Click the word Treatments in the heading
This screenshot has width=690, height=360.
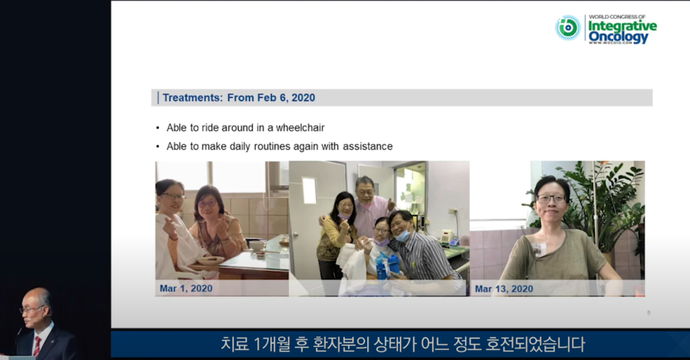point(192,98)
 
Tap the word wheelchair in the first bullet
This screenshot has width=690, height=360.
point(300,128)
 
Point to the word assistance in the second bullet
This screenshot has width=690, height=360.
point(367,146)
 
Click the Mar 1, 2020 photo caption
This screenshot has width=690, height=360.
point(186,289)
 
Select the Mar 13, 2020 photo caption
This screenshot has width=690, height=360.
point(504,289)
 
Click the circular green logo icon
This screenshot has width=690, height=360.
point(568,28)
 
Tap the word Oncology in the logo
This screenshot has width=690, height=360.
point(619,36)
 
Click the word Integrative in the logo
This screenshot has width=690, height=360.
point(622,26)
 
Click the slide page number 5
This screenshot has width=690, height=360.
point(649,313)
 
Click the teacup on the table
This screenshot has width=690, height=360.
point(257,245)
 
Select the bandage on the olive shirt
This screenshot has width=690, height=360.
point(539,249)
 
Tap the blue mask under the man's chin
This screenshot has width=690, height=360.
point(402,236)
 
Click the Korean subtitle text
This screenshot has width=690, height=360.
point(403,344)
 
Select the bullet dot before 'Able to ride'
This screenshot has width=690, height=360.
point(158,128)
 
